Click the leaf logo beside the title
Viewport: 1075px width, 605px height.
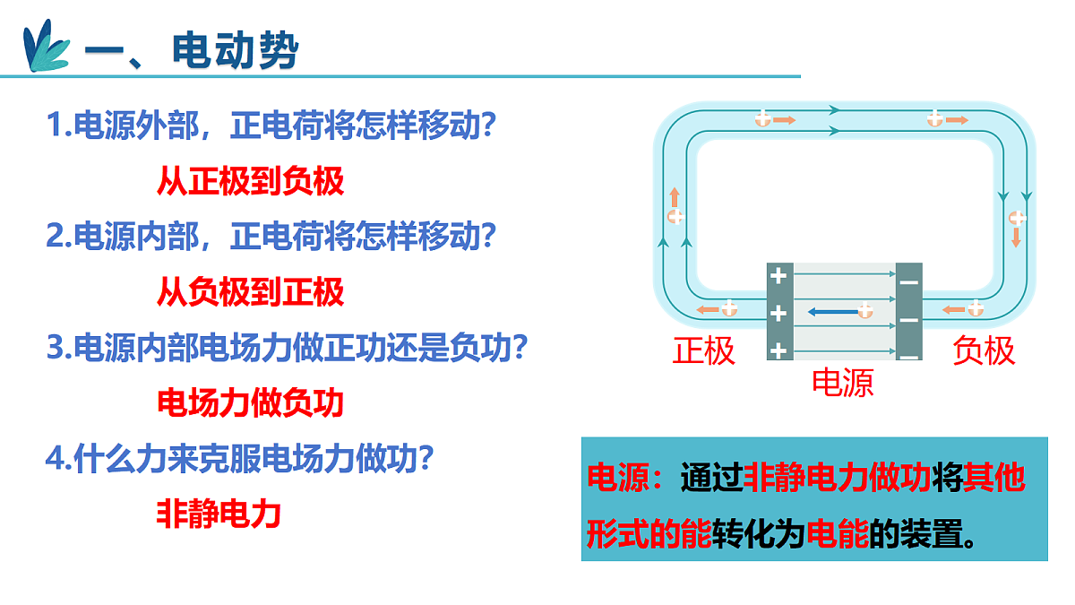[x=46, y=46]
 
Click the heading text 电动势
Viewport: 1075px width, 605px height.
[x=235, y=50]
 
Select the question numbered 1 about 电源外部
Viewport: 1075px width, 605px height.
[x=271, y=125]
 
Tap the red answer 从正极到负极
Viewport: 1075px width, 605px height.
[x=251, y=181]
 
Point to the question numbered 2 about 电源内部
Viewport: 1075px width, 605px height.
[x=271, y=236]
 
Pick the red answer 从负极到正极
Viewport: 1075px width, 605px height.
[x=251, y=292]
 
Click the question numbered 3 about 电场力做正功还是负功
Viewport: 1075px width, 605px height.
[x=287, y=347]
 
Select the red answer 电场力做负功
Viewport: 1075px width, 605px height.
[x=251, y=402]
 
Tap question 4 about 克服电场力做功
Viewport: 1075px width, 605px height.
[x=239, y=458]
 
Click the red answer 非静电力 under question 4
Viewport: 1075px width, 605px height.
[x=219, y=514]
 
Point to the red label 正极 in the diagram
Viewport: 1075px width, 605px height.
[x=703, y=350]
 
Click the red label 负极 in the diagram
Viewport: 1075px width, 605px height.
[x=984, y=350]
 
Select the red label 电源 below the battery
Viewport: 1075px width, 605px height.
[x=843, y=383]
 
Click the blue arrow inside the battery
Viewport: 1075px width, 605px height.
[x=834, y=312]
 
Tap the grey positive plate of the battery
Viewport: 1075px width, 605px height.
[x=780, y=311]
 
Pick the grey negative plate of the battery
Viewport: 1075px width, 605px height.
[x=909, y=311]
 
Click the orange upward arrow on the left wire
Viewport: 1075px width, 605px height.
[x=675, y=197]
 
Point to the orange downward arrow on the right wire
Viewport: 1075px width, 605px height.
[x=1016, y=238]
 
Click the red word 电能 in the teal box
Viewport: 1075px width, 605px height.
[x=838, y=533]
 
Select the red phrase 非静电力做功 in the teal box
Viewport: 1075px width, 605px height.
[x=837, y=477]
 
